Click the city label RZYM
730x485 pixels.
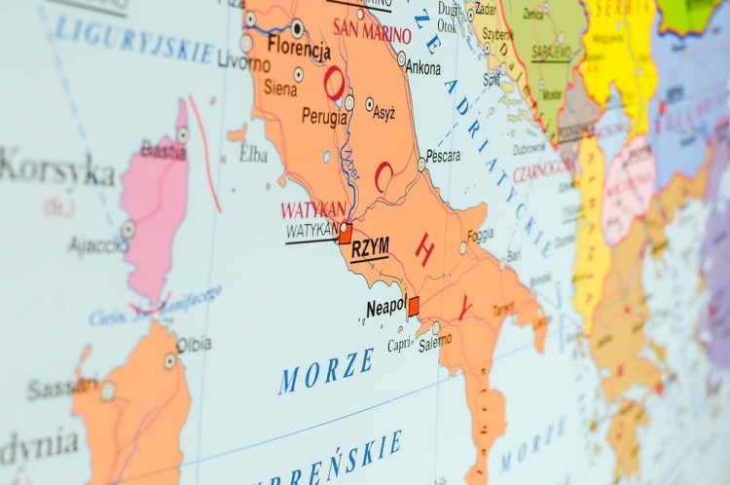tap(370, 248)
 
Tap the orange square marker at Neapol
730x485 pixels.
tap(414, 306)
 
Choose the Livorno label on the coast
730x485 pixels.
tap(244, 64)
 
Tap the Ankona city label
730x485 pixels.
tap(422, 68)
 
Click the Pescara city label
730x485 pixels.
tap(443, 155)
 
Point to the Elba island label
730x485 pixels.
tap(253, 154)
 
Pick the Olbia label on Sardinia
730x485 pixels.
tap(194, 345)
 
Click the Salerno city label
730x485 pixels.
tap(435, 342)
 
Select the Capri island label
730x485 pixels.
tap(399, 345)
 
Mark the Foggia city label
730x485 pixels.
tap(480, 236)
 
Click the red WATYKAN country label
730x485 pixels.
tap(313, 209)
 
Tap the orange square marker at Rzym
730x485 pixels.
tap(346, 235)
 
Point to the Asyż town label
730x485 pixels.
tap(383, 113)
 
